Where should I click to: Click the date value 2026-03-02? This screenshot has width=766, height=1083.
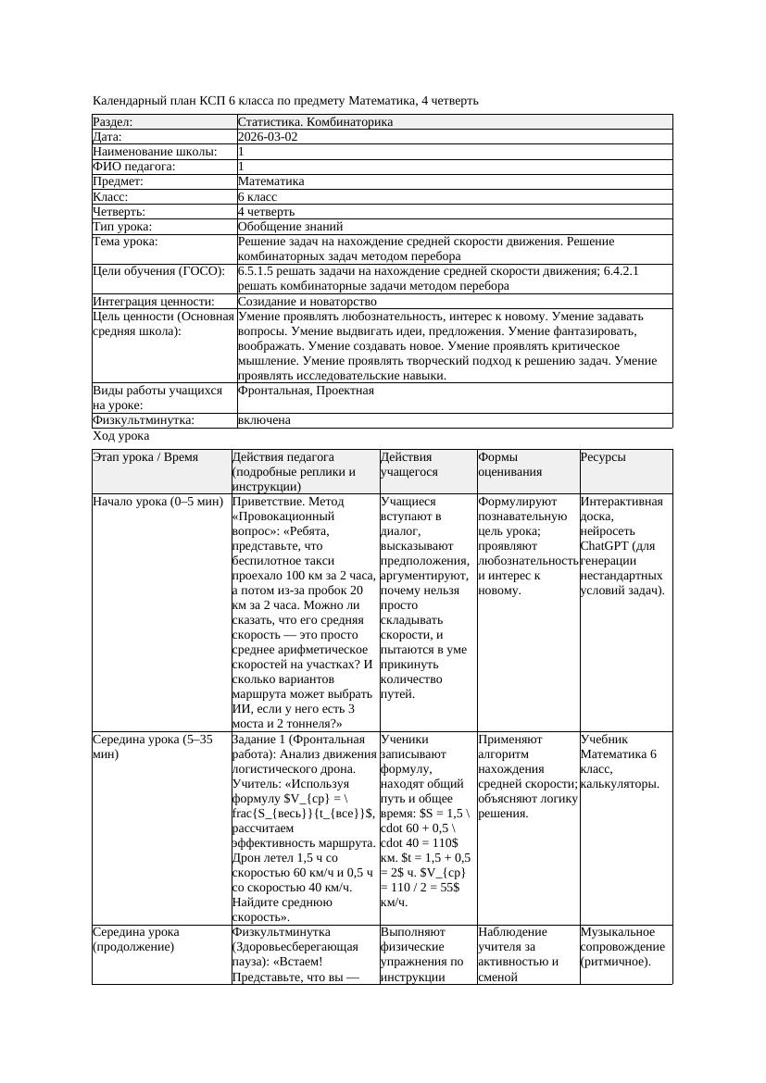[x=268, y=137]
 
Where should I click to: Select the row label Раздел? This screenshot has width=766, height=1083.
[x=113, y=122]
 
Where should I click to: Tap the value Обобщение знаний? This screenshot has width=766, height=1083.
[x=290, y=226]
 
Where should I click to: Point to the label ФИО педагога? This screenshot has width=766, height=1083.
[x=134, y=167]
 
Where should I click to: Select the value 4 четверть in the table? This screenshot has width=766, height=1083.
[x=266, y=212]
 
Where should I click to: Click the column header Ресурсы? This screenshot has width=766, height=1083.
[x=603, y=457]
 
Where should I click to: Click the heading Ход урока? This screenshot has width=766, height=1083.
[x=121, y=435]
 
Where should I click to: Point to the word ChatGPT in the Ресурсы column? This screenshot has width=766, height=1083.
[x=606, y=546]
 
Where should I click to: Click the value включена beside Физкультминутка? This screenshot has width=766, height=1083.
[x=264, y=420]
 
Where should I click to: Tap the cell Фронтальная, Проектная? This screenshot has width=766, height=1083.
[x=306, y=391]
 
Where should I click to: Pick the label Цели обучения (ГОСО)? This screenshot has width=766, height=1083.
[x=158, y=271]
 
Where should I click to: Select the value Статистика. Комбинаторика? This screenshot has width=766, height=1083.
[x=315, y=122]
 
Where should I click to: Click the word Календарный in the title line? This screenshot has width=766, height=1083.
[x=128, y=100]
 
